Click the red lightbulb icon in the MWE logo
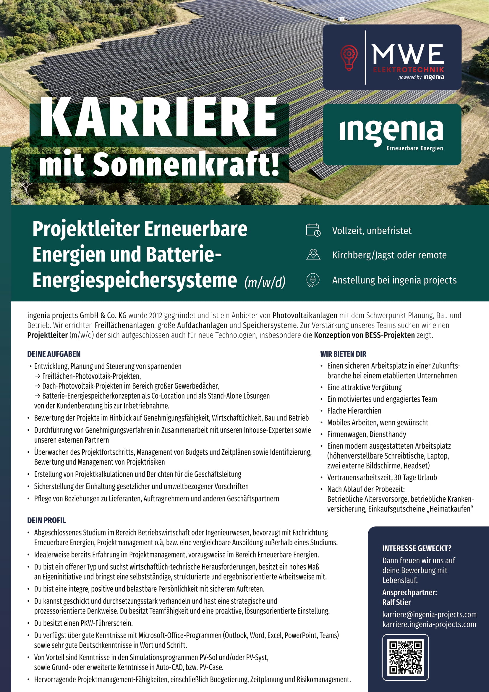coord(349,58)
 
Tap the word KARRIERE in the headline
coord(158,118)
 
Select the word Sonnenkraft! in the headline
coord(186,164)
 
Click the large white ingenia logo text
coord(391,131)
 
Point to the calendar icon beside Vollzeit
coord(313,230)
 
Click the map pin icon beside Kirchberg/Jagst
coord(313,255)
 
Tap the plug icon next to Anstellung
coord(313,280)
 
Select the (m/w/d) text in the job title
coord(265,282)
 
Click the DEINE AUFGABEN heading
coord(54,354)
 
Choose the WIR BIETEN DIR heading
coord(343,354)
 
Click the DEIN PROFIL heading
coord(46,520)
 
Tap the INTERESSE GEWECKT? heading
coord(417,548)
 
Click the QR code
coord(405,657)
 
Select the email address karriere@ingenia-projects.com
coord(429,614)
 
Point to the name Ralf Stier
coord(396,602)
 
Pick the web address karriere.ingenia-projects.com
coord(429,624)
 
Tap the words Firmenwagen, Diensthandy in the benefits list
coord(367,434)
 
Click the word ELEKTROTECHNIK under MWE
coord(408,70)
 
